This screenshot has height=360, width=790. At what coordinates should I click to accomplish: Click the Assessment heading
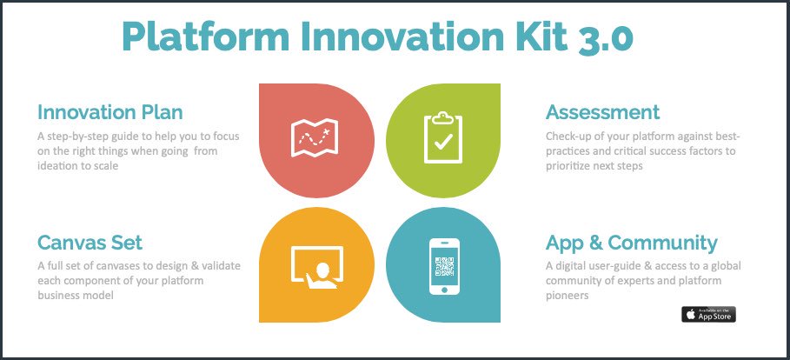click(x=602, y=112)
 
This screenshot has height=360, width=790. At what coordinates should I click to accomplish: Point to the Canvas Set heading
click(x=90, y=242)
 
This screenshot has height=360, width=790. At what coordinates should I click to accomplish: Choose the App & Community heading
click(x=631, y=242)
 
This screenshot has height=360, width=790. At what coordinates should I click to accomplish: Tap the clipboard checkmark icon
click(x=442, y=138)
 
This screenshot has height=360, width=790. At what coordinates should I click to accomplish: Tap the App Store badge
click(x=708, y=314)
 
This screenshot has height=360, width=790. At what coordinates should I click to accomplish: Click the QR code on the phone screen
click(x=443, y=263)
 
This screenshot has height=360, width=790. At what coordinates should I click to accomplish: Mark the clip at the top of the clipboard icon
click(x=442, y=116)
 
